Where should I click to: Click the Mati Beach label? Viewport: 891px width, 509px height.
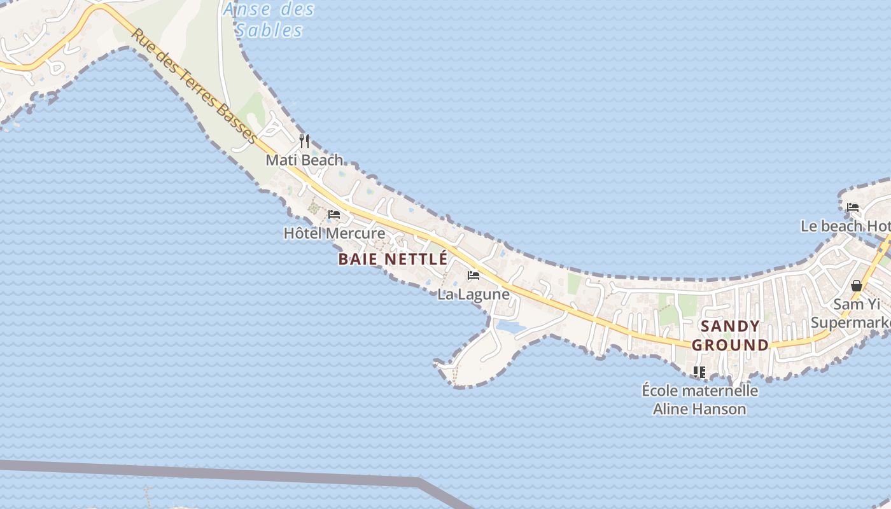tap(304, 160)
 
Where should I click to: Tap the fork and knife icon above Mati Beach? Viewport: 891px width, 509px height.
tap(304, 141)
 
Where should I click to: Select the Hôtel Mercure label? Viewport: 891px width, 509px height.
tap(334, 234)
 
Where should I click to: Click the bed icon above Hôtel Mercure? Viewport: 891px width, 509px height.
tap(334, 214)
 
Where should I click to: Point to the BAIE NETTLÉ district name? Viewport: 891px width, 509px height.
tap(393, 259)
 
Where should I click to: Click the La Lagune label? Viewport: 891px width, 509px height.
tap(474, 294)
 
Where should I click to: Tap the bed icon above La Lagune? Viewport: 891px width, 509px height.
tap(474, 275)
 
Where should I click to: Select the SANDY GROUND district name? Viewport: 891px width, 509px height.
tap(730, 336)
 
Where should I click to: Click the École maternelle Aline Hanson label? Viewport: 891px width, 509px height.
tap(699, 400)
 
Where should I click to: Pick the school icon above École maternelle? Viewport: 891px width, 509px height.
tap(699, 372)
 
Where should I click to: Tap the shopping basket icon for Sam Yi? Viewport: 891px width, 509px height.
tap(857, 285)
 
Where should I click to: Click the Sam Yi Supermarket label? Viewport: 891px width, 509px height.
tap(853, 314)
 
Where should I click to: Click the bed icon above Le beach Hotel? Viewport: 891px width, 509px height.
tap(853, 207)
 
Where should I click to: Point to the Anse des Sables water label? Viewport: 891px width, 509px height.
tap(269, 20)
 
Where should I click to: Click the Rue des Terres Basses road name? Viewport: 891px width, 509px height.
tap(194, 87)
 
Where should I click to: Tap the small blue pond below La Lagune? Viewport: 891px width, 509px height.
tap(510, 327)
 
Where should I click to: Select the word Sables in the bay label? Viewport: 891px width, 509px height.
tap(269, 30)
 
